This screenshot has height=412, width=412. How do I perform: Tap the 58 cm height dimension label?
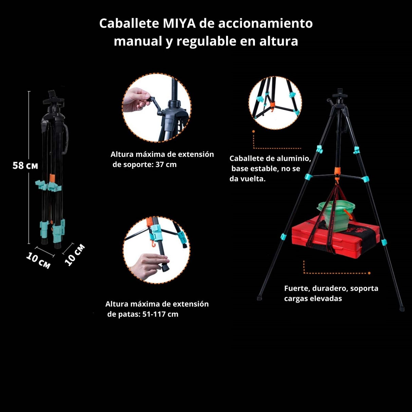click(25, 166)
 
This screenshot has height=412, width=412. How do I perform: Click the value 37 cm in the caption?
click(166, 165)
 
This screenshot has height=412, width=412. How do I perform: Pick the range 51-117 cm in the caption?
click(160, 314)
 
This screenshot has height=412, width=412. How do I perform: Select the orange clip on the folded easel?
click(52, 178)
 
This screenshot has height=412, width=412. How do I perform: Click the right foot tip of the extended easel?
click(402, 309)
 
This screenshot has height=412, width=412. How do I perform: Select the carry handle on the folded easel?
click(66, 137)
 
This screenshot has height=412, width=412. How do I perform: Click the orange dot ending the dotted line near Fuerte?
click(369, 273)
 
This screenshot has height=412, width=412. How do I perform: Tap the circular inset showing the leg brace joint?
click(275, 102)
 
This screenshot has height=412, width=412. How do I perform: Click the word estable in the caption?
click(266, 169)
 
